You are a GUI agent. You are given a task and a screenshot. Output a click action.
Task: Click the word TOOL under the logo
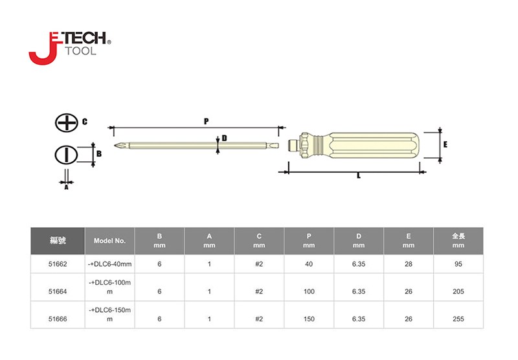80,51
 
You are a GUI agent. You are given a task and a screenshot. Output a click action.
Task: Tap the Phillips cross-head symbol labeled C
67,123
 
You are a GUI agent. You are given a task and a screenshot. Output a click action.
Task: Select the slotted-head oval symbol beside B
66,155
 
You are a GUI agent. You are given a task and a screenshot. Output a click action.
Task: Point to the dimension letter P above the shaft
206,121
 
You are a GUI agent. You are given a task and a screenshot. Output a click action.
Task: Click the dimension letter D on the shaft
224,138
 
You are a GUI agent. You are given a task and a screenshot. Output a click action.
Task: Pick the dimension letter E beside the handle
445,144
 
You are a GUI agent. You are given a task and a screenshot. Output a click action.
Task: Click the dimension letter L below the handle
359,176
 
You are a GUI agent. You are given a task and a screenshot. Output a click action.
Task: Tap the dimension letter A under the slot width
66,187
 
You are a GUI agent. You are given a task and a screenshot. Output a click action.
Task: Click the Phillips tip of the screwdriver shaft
115,145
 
